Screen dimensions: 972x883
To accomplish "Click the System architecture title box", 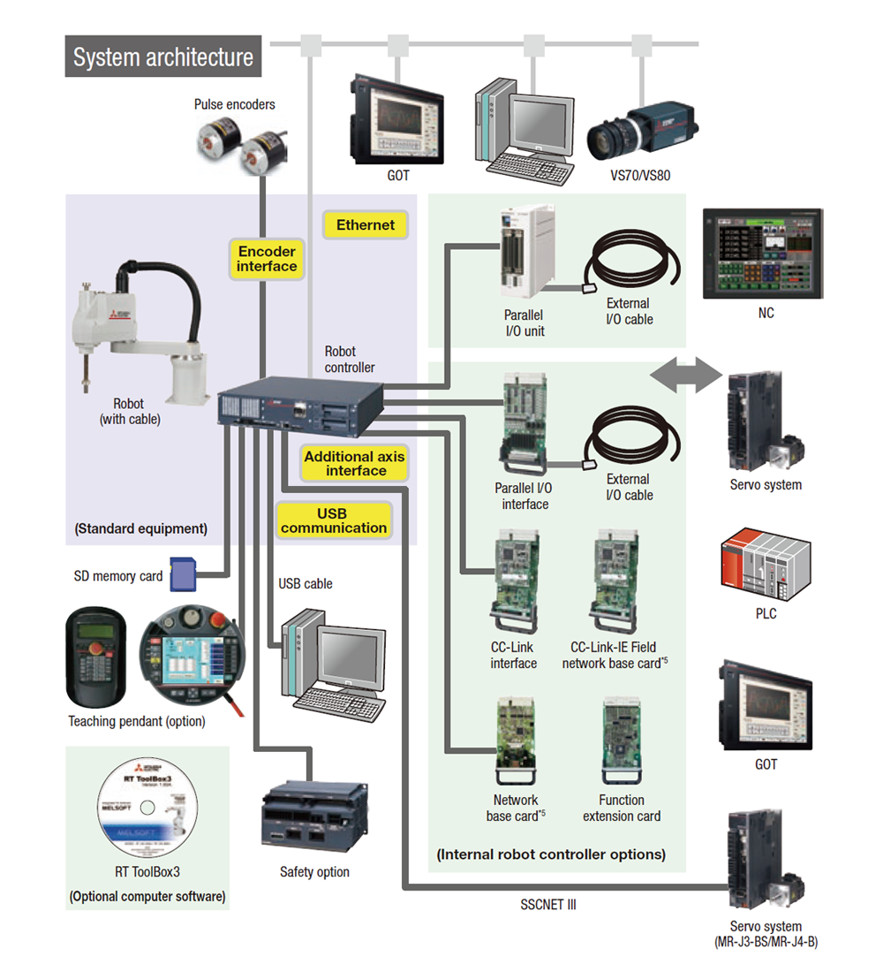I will [162, 57].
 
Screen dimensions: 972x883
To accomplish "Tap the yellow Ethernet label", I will [366, 225].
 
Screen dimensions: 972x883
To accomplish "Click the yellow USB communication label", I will [334, 521].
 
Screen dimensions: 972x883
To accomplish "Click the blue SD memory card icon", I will [181, 573].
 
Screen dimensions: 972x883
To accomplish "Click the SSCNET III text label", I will [547, 905].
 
